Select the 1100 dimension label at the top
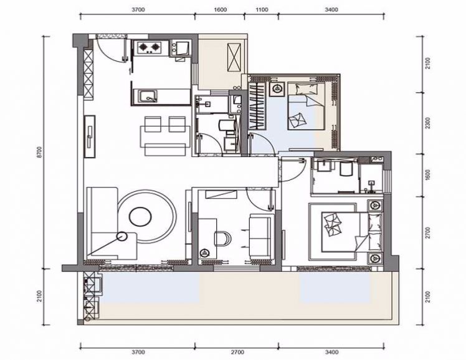coord(262,10)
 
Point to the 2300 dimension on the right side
coord(427,123)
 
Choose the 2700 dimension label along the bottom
coord(237,353)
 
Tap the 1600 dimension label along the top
coord(220,10)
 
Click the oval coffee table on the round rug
coord(140,217)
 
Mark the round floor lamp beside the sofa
coord(121,237)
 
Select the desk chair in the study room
coord(222,239)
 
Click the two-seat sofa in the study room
coord(260,236)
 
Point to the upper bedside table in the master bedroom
coord(376,206)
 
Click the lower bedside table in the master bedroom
coord(376,258)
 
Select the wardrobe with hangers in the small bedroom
coord(257,105)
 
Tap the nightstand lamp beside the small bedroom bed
coord(278,88)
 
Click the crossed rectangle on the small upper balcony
coord(234,57)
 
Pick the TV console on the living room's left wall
coord(90,136)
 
